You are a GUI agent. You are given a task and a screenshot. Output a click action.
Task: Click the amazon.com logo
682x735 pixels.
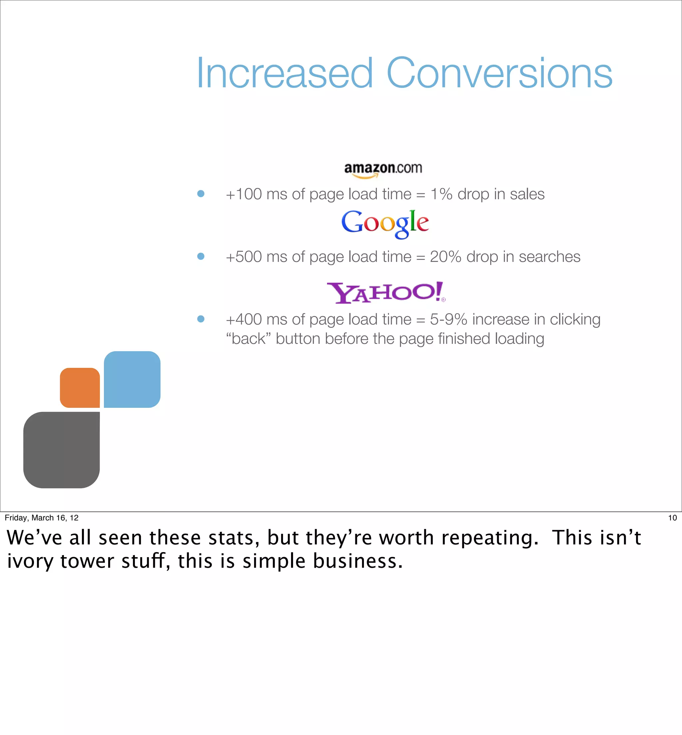[x=383, y=170]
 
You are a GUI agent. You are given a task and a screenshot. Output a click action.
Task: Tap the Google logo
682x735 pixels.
[x=385, y=223]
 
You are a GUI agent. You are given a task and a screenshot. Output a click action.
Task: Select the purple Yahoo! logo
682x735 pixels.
[x=386, y=293]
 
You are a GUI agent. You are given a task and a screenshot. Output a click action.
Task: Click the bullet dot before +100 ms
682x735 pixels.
[x=201, y=194]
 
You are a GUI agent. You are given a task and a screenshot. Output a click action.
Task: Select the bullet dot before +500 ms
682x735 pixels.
[x=201, y=256]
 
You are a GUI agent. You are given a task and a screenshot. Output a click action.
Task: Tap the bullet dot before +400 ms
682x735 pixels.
[x=201, y=319]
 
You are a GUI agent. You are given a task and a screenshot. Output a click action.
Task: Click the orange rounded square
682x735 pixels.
[x=80, y=387]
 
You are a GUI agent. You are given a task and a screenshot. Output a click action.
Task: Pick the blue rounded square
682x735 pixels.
[x=132, y=379]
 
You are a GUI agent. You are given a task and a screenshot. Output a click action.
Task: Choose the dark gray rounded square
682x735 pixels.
[x=62, y=450]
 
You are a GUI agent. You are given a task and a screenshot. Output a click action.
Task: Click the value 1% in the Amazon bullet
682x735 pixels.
[x=441, y=194]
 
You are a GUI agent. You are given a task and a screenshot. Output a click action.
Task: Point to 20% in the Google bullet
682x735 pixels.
[x=446, y=257]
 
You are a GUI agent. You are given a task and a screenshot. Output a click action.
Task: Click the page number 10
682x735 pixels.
[x=672, y=518]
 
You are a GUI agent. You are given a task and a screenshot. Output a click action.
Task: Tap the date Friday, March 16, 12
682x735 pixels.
[x=42, y=518]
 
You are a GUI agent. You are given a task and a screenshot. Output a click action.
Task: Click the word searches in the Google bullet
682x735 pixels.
[x=549, y=257]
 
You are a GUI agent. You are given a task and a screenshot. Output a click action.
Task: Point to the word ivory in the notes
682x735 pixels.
[x=30, y=561]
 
